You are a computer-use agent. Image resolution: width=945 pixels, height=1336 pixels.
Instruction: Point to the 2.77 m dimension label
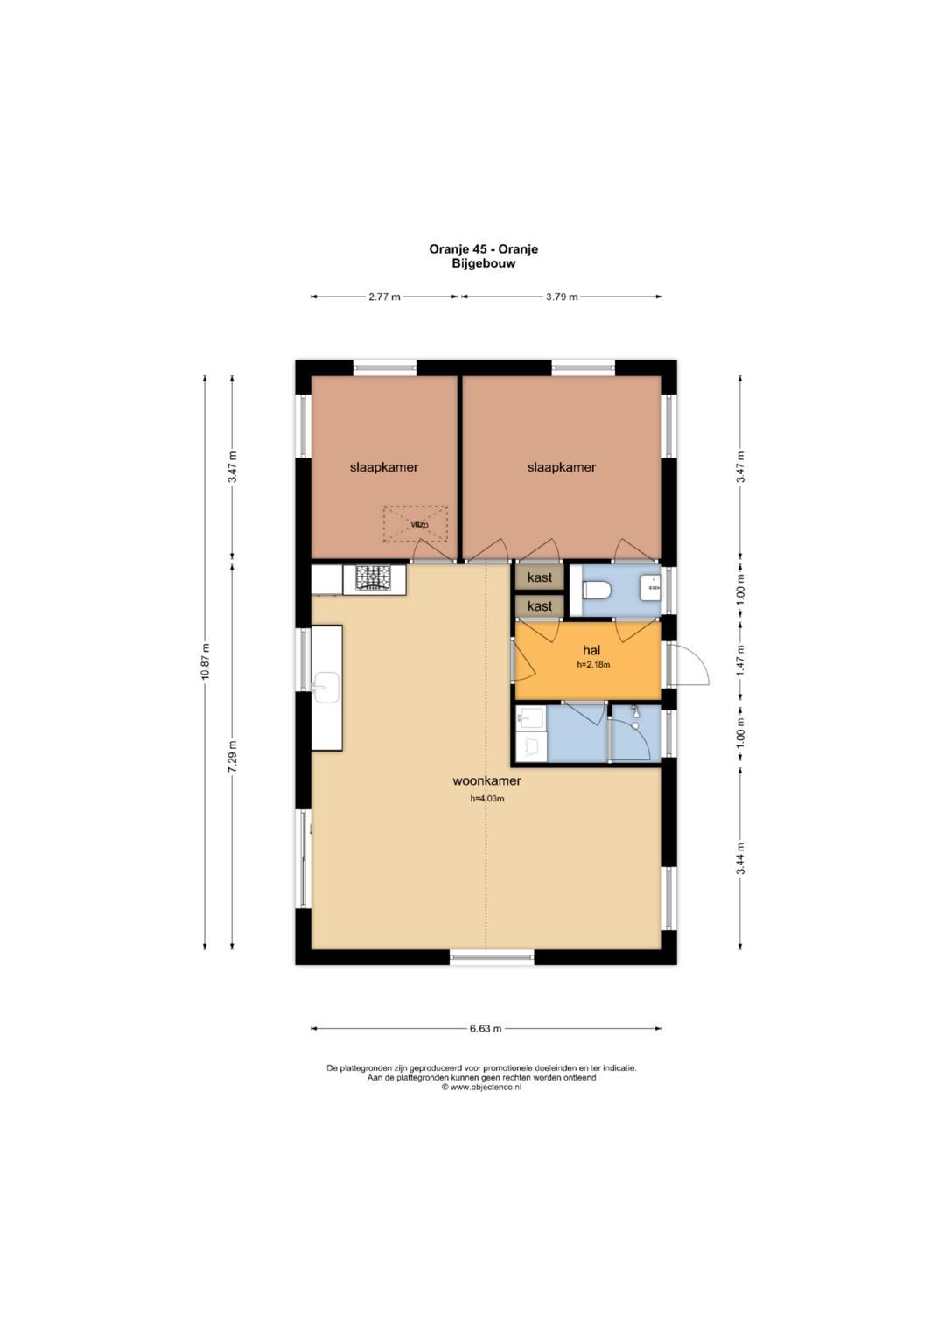point(384,297)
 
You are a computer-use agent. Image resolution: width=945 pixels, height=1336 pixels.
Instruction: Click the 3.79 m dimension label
point(562,297)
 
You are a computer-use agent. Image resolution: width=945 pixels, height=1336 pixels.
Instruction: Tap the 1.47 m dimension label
point(740,661)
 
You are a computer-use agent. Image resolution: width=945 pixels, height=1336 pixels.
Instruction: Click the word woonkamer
point(486,780)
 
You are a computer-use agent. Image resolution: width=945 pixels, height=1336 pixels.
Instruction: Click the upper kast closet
point(540,577)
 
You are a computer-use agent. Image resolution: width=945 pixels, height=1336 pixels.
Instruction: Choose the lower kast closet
point(540,606)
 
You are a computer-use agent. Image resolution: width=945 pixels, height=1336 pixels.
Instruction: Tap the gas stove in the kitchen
point(374,578)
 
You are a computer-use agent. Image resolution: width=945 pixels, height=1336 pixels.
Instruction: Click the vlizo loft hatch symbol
point(416,524)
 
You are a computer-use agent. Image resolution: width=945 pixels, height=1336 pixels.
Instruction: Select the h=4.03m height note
point(487,799)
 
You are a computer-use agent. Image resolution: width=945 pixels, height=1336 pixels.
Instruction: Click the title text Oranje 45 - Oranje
point(483,249)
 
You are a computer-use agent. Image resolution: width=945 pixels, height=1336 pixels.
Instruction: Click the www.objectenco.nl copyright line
point(482,1087)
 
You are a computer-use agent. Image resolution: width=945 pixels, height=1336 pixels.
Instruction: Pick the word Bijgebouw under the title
point(483,263)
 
